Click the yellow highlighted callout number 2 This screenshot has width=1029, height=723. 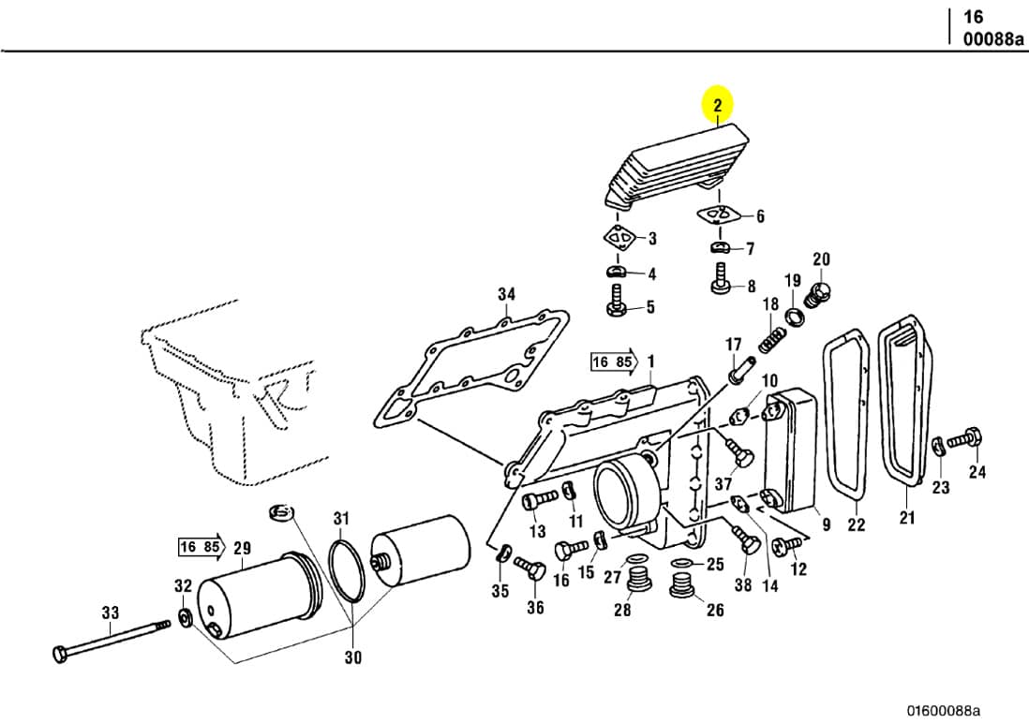click(718, 106)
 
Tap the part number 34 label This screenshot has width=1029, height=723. click(506, 294)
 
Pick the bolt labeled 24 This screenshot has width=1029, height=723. click(964, 437)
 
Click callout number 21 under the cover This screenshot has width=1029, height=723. click(906, 519)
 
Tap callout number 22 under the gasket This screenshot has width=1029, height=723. click(856, 524)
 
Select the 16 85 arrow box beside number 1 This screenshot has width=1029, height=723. click(613, 361)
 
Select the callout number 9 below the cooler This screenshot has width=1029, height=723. click(826, 524)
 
